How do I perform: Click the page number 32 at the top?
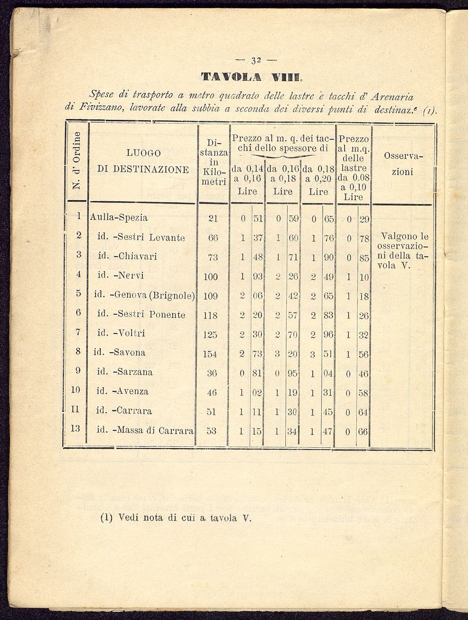[x=257, y=61]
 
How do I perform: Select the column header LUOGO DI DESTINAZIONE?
[x=143, y=161]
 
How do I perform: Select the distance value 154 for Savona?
[x=210, y=354]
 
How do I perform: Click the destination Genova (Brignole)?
[x=145, y=295]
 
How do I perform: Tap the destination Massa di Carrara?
[x=145, y=431]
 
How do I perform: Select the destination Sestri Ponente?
[x=141, y=315]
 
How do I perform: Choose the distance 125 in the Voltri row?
[x=210, y=335]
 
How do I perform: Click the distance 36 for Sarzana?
[x=212, y=373]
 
